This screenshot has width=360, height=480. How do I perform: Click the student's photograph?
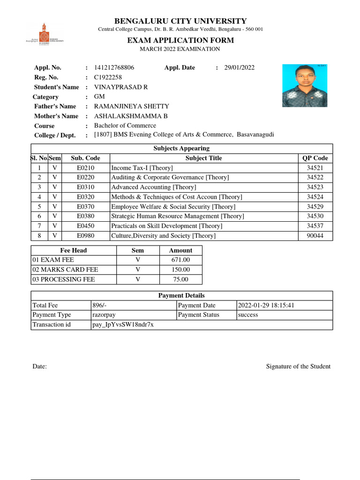304,86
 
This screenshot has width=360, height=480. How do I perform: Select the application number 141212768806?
114,67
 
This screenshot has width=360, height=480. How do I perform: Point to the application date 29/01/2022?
239,67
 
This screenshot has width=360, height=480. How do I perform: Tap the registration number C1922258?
108,77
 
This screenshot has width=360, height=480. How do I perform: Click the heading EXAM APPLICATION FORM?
180,40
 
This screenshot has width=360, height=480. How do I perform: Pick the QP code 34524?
315,197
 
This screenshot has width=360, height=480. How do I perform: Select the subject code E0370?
85,207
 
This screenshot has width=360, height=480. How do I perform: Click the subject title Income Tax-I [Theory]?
142,168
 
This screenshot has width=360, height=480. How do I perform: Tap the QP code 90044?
315,236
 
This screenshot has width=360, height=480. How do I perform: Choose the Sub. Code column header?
85,158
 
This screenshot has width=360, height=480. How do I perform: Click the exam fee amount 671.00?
180,260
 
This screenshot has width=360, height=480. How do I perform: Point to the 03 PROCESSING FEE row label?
63,279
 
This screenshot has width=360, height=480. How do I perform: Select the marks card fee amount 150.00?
180,270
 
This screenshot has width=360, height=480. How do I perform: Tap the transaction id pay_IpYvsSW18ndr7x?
123,325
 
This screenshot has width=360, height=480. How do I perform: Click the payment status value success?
248,315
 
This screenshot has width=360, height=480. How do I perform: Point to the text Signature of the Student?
298,367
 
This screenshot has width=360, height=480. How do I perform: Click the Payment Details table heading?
181,295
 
